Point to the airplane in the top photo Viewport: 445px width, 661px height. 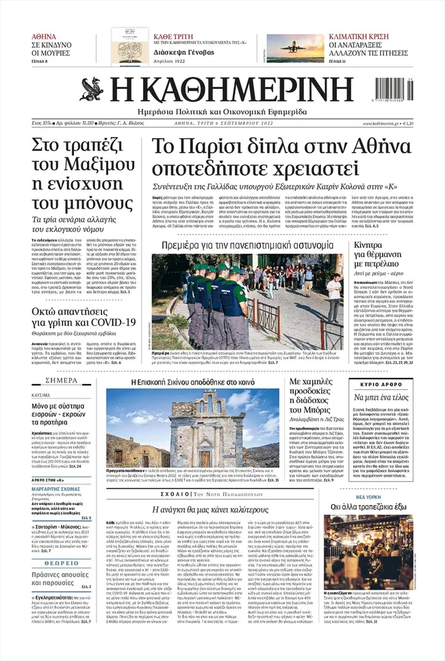tap(296, 43)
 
